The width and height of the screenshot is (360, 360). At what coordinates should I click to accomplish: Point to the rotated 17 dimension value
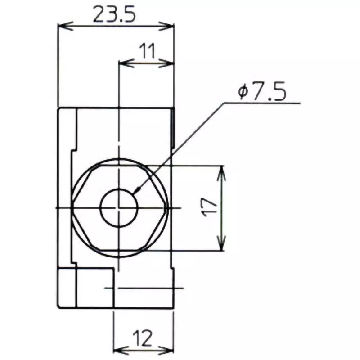tap(211, 207)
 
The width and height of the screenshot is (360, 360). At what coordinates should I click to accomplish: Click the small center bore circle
tap(119, 207)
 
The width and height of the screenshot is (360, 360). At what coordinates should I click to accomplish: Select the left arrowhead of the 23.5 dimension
tap(63, 26)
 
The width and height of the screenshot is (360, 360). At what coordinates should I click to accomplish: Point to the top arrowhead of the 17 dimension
tap(221, 170)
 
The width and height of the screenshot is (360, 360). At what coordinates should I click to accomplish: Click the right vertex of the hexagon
tap(167, 207)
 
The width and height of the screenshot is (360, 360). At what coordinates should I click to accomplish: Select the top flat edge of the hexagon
tap(119, 166)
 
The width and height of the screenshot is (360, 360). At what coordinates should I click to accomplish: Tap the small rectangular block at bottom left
tap(67, 288)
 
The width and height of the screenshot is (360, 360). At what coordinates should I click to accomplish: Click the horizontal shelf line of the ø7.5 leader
tap(261, 103)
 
